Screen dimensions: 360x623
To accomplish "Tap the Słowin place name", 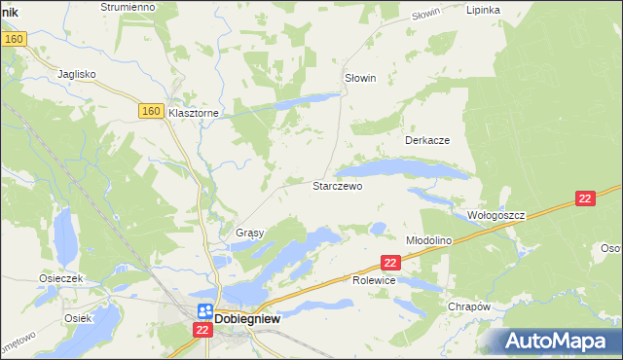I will (x=360, y=78).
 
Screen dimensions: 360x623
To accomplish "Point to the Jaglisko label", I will (x=77, y=73).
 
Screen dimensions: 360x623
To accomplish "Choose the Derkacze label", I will (x=427, y=140).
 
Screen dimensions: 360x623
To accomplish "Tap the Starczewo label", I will (x=337, y=186).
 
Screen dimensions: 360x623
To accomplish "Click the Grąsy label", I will (x=251, y=234).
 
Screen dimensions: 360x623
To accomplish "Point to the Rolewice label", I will (x=373, y=280).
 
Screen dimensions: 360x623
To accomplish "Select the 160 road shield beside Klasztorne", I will (x=149, y=112).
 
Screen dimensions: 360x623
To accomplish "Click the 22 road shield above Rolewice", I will (x=391, y=263).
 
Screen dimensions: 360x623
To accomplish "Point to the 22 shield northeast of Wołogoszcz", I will (x=584, y=198).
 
